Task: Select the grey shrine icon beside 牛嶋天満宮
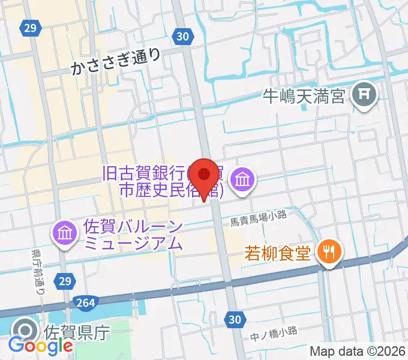[364, 94]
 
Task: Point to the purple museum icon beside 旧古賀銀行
[243, 179]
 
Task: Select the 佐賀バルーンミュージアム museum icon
[64, 233]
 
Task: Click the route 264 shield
[86, 302]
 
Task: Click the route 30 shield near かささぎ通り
[184, 37]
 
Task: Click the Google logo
[40, 346]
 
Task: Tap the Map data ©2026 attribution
[358, 352]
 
